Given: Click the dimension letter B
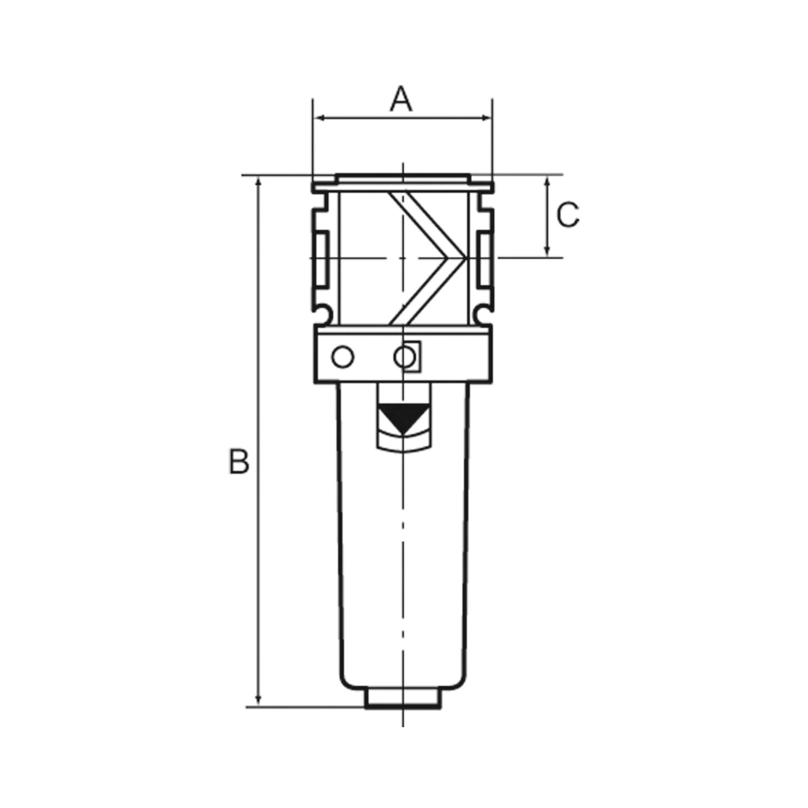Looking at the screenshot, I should [239, 461].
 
